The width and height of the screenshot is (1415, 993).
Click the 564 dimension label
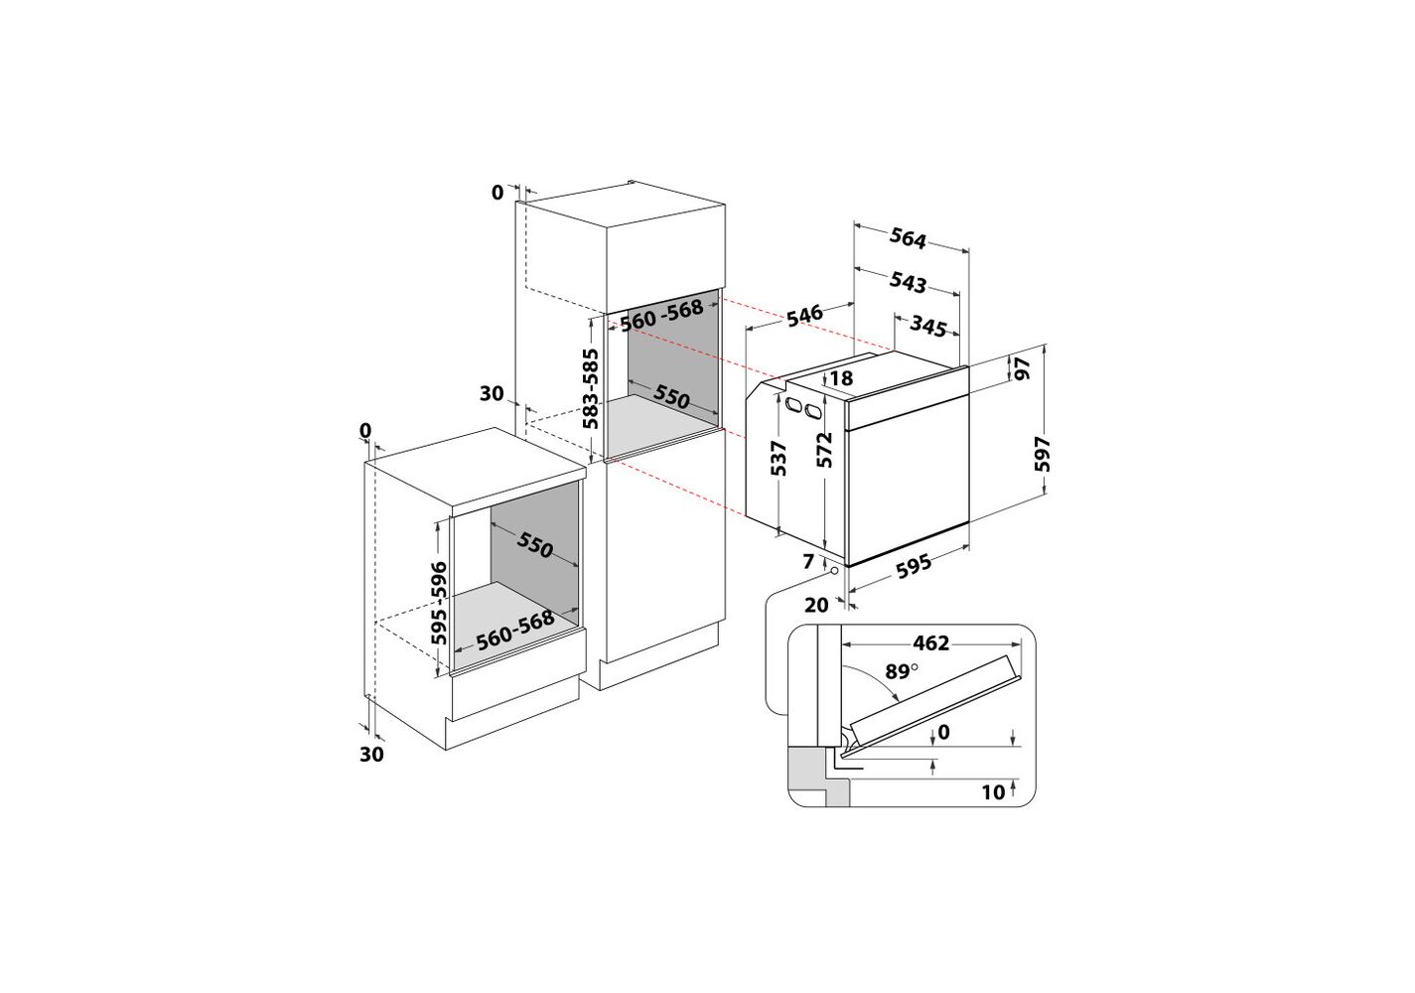908,238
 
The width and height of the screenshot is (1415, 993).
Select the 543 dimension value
908,282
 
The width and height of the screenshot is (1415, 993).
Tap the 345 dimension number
928,327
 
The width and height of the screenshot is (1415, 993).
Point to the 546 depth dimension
804,315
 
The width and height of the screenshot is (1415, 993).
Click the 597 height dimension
1042,454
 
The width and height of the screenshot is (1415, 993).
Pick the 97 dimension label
1022,367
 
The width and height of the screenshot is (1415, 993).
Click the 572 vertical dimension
824,450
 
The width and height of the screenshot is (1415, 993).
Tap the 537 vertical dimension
778,459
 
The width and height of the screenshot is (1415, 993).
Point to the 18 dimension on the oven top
841,377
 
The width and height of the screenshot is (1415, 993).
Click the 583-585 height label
590,388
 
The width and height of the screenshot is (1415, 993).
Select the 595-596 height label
438,604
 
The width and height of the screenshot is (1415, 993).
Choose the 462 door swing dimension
931,643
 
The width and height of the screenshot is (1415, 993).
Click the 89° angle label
901,671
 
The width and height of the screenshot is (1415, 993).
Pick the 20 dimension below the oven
816,605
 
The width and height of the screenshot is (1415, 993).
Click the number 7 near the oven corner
808,561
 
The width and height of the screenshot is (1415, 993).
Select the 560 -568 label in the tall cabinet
661,315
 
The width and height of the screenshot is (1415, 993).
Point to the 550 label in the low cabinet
535,544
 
